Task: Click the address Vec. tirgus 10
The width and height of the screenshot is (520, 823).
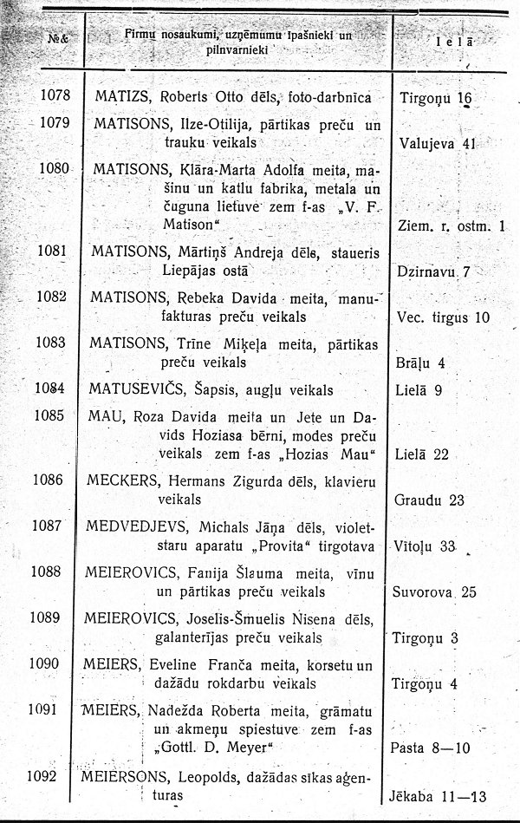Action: point(442,317)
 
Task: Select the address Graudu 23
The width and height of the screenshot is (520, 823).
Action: point(431,500)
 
